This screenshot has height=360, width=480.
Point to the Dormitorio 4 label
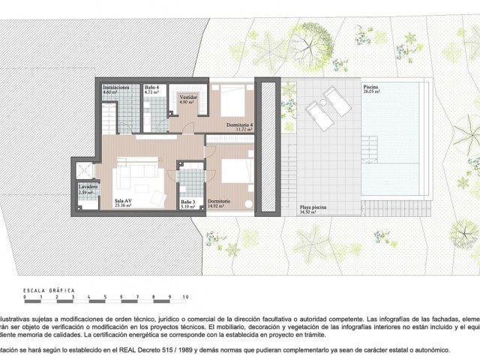pyautogui.click(x=241, y=124)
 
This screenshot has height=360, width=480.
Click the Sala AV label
pyautogui.click(x=124, y=202)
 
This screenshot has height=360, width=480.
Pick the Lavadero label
pyautogui.click(x=89, y=188)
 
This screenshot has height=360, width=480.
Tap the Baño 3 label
pyautogui.click(x=187, y=202)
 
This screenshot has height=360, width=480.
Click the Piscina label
pyautogui.click(x=371, y=87)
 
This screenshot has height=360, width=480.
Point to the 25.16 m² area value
pyautogui.click(x=124, y=206)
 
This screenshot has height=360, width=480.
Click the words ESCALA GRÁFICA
pyautogui.click(x=44, y=289)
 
